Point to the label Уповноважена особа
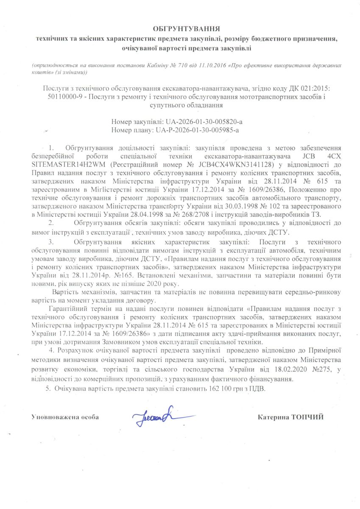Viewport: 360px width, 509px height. (x=65, y=417)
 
